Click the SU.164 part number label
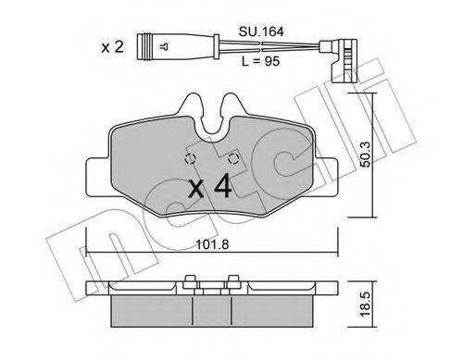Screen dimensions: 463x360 tap(261, 31)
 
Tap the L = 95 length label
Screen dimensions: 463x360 tap(261, 61)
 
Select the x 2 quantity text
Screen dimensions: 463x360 tap(113, 47)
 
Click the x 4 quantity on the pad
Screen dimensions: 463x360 tap(210, 186)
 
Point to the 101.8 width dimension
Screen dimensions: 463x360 tap(213, 244)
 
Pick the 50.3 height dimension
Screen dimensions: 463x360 tap(367, 155)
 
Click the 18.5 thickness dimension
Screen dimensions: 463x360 tap(367, 304)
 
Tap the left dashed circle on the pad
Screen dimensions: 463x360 tap(190, 158)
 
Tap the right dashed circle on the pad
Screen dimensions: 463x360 tap(233, 158)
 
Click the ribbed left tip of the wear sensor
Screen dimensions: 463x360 tap(145, 47)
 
